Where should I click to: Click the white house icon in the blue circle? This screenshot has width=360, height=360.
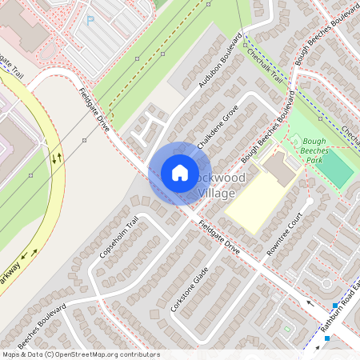point(180,173)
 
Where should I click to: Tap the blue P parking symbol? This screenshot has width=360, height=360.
point(90,20)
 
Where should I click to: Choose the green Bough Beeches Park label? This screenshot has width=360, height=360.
point(320,149)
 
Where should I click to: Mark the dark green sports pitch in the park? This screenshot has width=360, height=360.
point(338,171)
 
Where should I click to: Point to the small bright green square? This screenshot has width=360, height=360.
point(286,329)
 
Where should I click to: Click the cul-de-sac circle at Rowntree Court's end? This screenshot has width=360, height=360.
point(326,283)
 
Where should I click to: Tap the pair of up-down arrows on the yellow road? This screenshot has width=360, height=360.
point(56,157)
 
